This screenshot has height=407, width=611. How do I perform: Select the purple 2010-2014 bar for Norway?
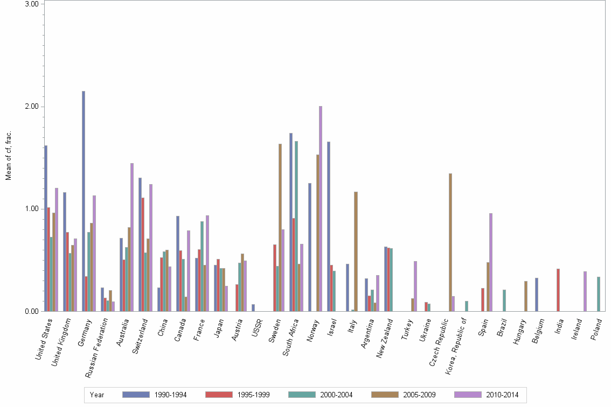(321, 208)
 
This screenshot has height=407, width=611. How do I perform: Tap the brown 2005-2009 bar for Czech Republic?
(450, 242)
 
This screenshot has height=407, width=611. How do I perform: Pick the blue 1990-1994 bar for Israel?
(329, 226)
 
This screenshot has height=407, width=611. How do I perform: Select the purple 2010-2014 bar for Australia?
(132, 237)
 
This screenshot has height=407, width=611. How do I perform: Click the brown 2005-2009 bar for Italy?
(356, 251)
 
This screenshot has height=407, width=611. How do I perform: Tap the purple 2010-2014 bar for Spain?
(491, 262)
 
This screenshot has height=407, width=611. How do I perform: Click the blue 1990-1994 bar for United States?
(46, 228)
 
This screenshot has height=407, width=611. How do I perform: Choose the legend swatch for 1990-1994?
(135, 395)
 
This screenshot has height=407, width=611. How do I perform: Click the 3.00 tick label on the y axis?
(32, 4)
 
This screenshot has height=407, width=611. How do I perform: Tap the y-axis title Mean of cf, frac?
(8, 156)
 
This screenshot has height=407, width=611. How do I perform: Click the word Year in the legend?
(97, 395)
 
